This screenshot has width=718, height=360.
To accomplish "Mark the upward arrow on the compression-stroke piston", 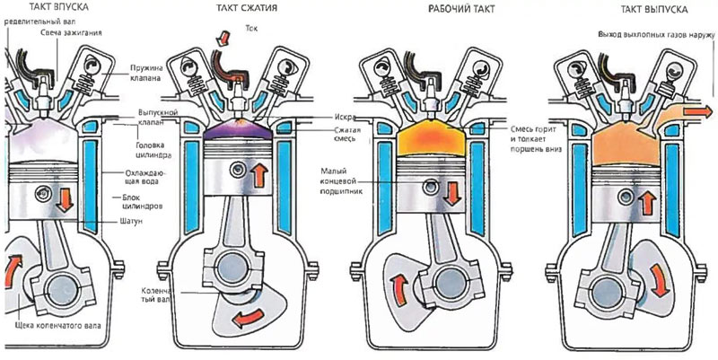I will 258,173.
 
